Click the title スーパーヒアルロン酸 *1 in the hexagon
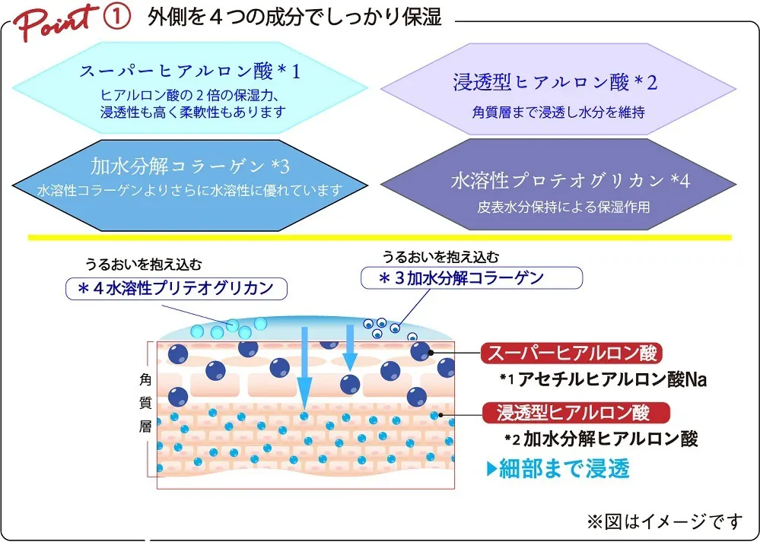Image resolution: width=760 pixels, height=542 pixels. (x=190, y=72)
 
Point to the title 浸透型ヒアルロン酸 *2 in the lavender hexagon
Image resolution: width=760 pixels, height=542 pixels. (x=555, y=82)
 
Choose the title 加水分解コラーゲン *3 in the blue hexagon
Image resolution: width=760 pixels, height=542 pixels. (x=189, y=166)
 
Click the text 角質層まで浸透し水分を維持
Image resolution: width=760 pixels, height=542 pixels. (x=558, y=112)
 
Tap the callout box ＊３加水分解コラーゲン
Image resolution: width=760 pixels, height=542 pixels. (x=471, y=277)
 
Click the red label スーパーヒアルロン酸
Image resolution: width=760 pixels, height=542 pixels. (x=572, y=353)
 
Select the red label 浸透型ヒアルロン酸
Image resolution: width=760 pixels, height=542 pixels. (x=576, y=413)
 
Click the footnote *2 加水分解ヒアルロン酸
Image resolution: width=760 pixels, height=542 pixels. (x=601, y=439)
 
